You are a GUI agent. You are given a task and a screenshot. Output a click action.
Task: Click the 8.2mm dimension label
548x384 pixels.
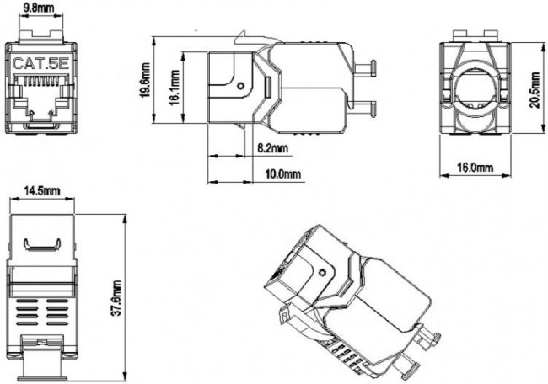[272, 149]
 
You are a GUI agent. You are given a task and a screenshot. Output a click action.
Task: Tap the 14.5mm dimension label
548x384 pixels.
[41, 191]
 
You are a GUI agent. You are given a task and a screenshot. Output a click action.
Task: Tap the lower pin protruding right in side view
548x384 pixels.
[363, 106]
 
